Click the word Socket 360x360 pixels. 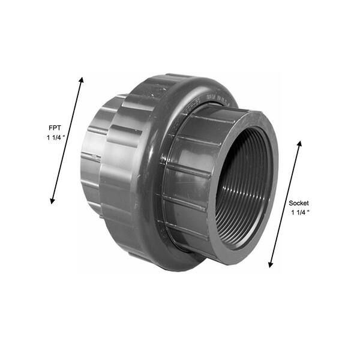(x=299, y=203)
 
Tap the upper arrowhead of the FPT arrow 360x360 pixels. (x=81, y=79)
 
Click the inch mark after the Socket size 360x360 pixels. (x=307, y=212)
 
